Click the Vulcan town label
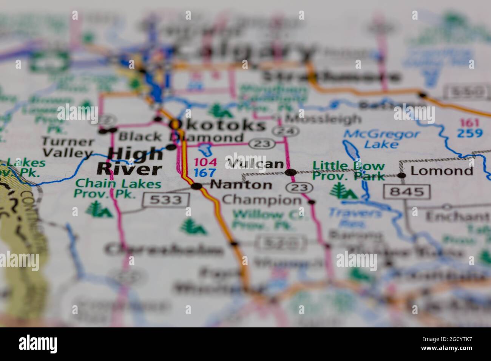pyautogui.click(x=255, y=164)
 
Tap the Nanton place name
pyautogui.click(x=241, y=185)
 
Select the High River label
pyautogui.click(x=130, y=162)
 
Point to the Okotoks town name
pyautogui.click(x=217, y=125)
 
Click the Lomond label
pyautogui.click(x=442, y=171)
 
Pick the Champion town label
pyautogui.click(x=262, y=199)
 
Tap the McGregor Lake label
pyautogui.click(x=381, y=139)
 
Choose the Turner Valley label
pyautogui.click(x=68, y=147)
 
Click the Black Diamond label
pyautogui.click(x=181, y=137)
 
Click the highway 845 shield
pyautogui.click(x=406, y=191)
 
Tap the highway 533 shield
pyautogui.click(x=165, y=200)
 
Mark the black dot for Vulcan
pyautogui.click(x=290, y=173)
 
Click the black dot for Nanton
pyautogui.click(x=196, y=186)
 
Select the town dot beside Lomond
pyautogui.click(x=402, y=175)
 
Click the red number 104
pyautogui.click(x=205, y=163)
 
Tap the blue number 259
pyautogui.click(x=470, y=133)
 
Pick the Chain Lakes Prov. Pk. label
pyautogui.click(x=118, y=188)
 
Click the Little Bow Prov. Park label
pyautogui.click(x=349, y=170)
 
